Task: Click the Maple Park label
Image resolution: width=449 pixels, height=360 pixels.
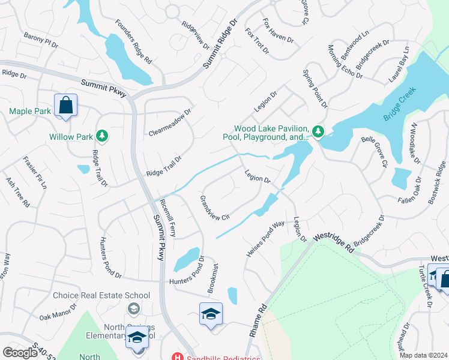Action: pyautogui.click(x=30, y=111)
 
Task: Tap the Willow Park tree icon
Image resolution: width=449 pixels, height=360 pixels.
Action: pyautogui.click(x=103, y=136)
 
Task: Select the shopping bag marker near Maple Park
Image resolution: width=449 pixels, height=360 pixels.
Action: pyautogui.click(x=65, y=106)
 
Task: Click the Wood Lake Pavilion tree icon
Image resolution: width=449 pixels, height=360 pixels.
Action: pyautogui.click(x=318, y=131)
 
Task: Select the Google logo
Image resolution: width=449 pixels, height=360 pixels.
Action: pyautogui.click(x=20, y=352)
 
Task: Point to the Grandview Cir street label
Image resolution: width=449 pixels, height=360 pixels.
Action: pyautogui.click(x=215, y=208)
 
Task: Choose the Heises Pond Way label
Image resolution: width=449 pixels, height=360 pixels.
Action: pyautogui.click(x=265, y=239)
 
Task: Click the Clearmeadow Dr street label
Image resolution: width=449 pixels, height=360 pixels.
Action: pyautogui.click(x=170, y=122)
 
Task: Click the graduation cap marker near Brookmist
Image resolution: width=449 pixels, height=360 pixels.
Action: pyautogui.click(x=211, y=313)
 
